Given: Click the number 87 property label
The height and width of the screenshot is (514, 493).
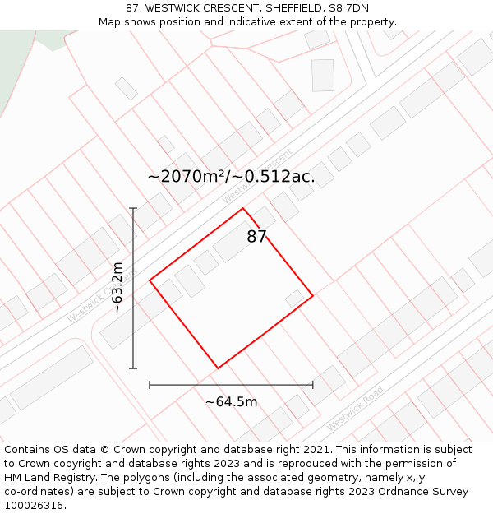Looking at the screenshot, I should pyautogui.click(x=256, y=237).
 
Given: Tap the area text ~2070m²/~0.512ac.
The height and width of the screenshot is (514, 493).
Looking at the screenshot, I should pyautogui.click(x=231, y=176).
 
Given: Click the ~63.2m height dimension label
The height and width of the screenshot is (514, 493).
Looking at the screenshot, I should pyautogui.click(x=117, y=288).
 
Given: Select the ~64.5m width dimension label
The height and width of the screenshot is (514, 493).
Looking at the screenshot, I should pyautogui.click(x=231, y=401).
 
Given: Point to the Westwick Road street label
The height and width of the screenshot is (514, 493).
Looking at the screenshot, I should pyautogui.click(x=355, y=409).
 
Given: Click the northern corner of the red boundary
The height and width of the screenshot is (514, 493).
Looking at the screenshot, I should pyautogui.click(x=242, y=208).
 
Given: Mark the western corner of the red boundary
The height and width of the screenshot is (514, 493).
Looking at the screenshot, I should pyautogui.click(x=150, y=280).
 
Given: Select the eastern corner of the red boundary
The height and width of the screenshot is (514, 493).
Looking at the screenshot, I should pyautogui.click(x=313, y=295).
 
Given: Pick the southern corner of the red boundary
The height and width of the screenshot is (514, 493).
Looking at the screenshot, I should pyautogui.click(x=218, y=368).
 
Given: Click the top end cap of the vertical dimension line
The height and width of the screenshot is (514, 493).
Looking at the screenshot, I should pyautogui.click(x=133, y=209).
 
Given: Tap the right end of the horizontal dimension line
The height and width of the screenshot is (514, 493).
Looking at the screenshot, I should pyautogui.click(x=313, y=384).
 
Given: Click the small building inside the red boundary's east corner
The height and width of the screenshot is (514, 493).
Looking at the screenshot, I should pyautogui.click(x=295, y=298).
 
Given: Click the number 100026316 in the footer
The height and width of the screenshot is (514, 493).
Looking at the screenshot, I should pyautogui.click(x=34, y=505).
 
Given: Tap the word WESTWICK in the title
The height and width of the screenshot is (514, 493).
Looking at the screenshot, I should pyautogui.click(x=175, y=8).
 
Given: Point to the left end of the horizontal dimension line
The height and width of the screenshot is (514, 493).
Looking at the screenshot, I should pyautogui.click(x=150, y=384).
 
